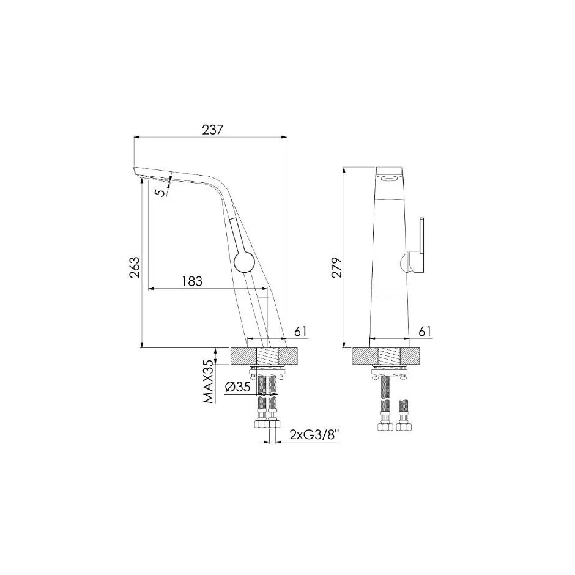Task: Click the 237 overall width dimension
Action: pyautogui.click(x=213, y=130)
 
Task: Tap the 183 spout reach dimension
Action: pyautogui.click(x=192, y=281)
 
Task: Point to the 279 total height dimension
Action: pyautogui.click(x=336, y=267)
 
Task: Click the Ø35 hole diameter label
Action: pyautogui.click(x=237, y=387)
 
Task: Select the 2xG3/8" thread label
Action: pyautogui.click(x=314, y=436)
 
